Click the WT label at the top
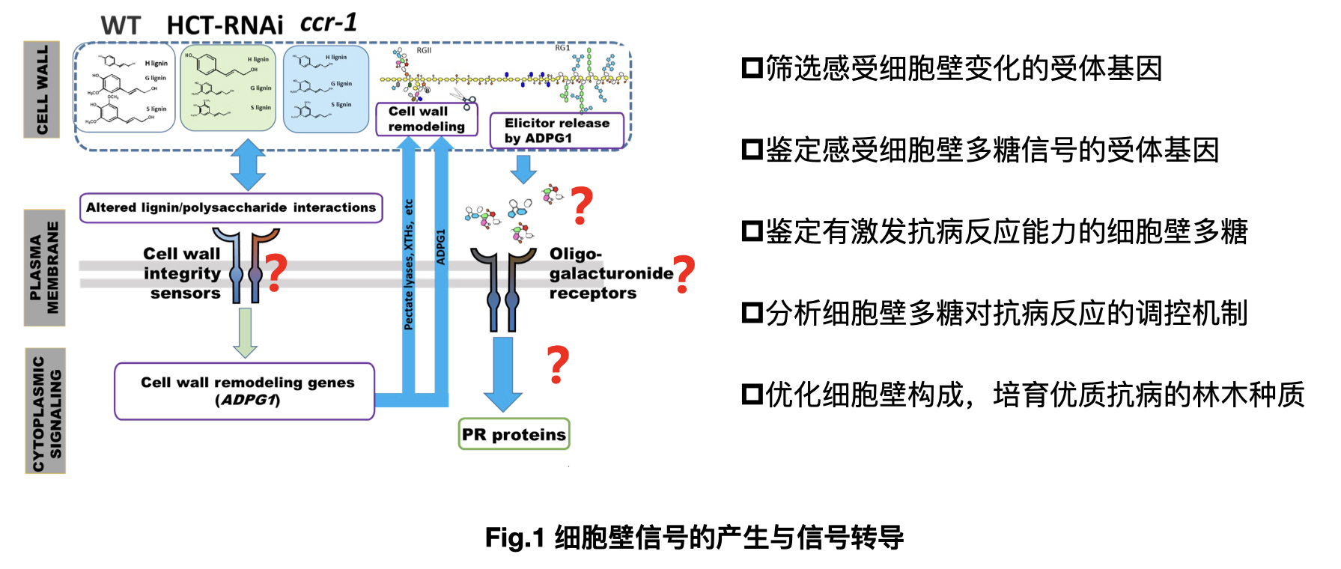pyautogui.click(x=121, y=25)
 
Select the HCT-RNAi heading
pyautogui.click(x=225, y=25)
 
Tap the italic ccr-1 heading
pyautogui.click(x=329, y=22)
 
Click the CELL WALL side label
pyautogui.click(x=42, y=90)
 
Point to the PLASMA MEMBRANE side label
pyautogui.click(x=44, y=267)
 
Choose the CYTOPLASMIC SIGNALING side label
pyautogui.click(x=46, y=410)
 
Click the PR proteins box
pyautogui.click(x=514, y=434)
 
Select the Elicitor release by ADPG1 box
pyautogui.click(x=556, y=130)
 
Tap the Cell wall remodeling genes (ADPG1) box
pyautogui.click(x=245, y=391)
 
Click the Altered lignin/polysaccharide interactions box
pyautogui.click(x=231, y=207)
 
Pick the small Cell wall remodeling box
pyautogui.click(x=426, y=119)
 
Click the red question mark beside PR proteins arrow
pyautogui.click(x=558, y=365)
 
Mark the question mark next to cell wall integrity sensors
pyautogui.click(x=276, y=273)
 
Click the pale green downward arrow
pyautogui.click(x=245, y=332)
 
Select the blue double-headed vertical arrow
pyautogui.click(x=248, y=165)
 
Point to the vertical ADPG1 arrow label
pyautogui.click(x=441, y=247)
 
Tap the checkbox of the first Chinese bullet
pyautogui.click(x=752, y=68)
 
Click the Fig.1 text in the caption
pyautogui.click(x=514, y=538)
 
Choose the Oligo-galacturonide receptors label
pyautogui.click(x=609, y=273)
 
